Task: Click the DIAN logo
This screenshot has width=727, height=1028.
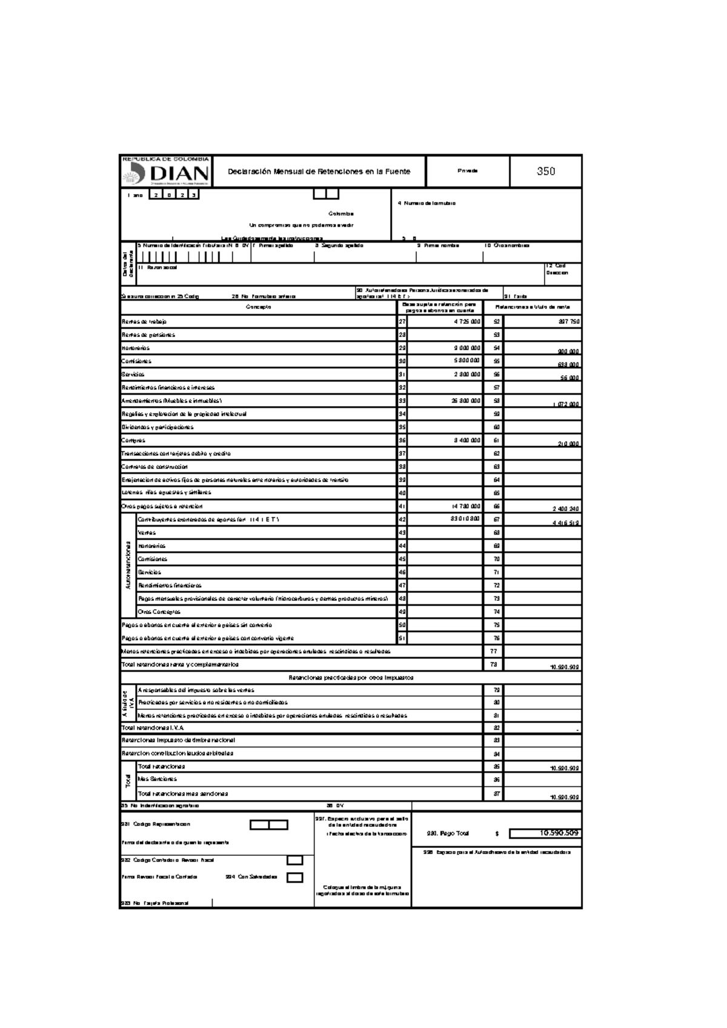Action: (165, 173)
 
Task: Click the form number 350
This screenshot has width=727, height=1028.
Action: (545, 172)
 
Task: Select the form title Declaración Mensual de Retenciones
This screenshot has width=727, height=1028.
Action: (319, 172)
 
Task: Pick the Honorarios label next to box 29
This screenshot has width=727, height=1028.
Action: (136, 349)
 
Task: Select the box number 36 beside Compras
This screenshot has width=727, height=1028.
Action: (402, 441)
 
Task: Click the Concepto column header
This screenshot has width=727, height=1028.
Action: (259, 307)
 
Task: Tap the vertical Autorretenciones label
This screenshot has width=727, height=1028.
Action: (128, 566)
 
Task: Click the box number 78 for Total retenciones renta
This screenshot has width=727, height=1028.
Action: (493, 665)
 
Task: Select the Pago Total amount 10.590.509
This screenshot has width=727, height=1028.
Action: (545, 833)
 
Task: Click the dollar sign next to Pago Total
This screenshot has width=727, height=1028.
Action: (497, 834)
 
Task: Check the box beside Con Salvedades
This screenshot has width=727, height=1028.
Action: (294, 877)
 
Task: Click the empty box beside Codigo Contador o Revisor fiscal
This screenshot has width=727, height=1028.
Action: (294, 860)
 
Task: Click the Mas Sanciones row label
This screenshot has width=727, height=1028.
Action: (157, 779)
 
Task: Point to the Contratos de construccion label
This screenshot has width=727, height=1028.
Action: (154, 467)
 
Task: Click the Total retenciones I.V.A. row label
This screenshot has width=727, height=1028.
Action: (153, 728)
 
